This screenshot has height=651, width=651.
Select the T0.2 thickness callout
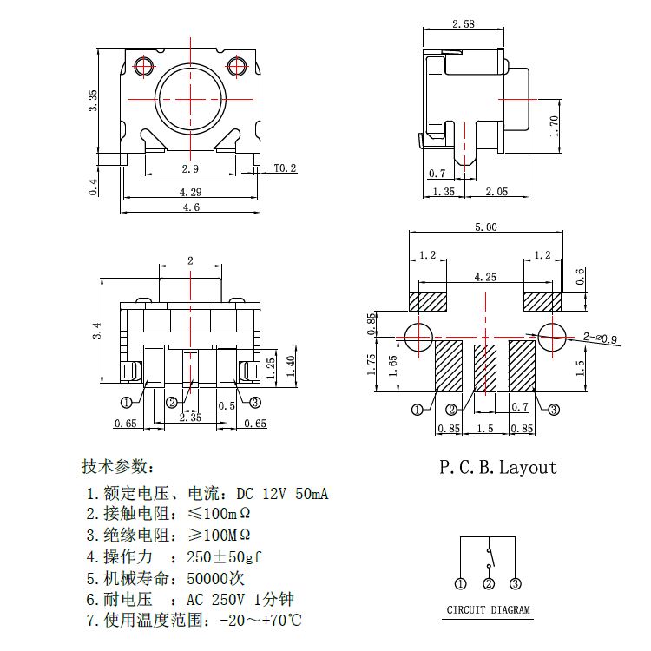tap(285, 168)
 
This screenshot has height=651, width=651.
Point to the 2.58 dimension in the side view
tap(464, 23)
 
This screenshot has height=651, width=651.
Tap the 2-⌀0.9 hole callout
tap(600, 338)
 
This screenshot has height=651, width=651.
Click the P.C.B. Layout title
tap(497, 468)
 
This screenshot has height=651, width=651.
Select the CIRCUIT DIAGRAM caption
tap(488, 609)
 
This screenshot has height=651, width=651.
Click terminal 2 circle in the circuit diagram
tap(489, 583)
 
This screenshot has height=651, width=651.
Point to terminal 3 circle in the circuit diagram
tap(515, 583)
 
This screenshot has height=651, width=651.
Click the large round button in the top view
tap(190, 99)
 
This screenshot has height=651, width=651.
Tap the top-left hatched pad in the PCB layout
tap(427, 301)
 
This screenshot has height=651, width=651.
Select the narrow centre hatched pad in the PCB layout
tap(485, 368)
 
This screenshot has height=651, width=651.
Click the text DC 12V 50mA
tap(282, 494)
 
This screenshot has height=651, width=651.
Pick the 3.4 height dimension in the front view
tap(95, 330)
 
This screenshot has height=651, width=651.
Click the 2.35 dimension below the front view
tap(190, 418)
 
